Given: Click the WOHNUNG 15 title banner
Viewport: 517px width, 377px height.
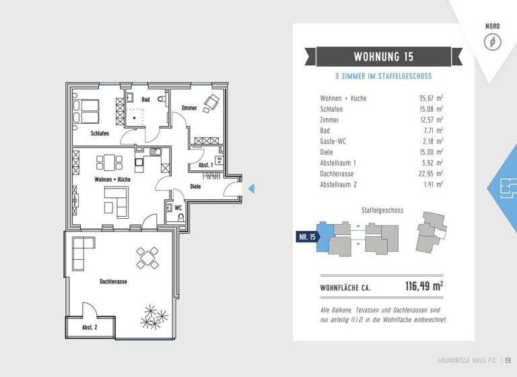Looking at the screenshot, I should pos(384,56).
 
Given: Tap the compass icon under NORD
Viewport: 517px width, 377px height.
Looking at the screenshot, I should pos(493,42).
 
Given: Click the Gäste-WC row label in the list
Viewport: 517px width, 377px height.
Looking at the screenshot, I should pos(334,141).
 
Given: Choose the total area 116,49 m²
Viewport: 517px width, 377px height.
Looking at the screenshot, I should pos(423,287).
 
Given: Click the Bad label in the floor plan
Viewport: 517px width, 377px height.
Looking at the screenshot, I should pos(145,100).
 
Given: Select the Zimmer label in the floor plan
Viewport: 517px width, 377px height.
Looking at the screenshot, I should pos(189,108).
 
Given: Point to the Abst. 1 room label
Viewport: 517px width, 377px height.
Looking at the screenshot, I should pos(206,164).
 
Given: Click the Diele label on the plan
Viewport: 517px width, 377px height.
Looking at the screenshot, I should pos(195,186).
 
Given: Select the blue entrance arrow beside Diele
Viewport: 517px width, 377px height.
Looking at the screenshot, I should pos(250,189).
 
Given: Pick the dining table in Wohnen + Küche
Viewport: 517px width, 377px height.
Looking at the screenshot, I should pos(110,162).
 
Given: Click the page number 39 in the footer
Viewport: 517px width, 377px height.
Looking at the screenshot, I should pos(508,366).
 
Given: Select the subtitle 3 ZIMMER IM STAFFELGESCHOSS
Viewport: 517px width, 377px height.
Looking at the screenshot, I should pos(384,77).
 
